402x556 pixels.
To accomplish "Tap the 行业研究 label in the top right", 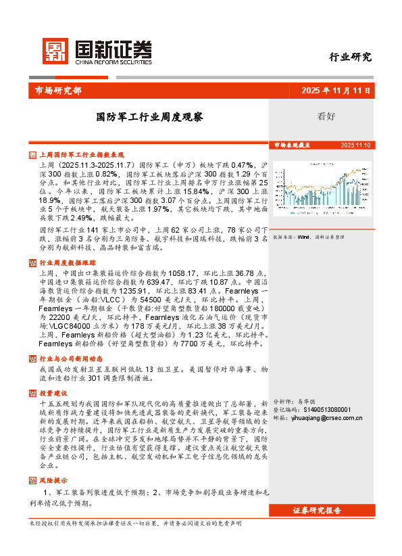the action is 350,57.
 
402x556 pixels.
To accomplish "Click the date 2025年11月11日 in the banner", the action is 336,90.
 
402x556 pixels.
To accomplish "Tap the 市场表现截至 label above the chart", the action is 292,145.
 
